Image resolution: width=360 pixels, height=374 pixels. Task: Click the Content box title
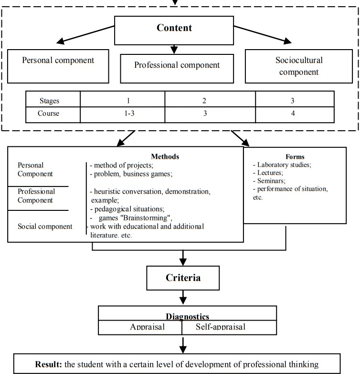[174, 28]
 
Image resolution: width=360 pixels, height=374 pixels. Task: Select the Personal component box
[58, 61]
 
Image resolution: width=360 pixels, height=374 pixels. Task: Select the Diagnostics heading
[188, 316]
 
